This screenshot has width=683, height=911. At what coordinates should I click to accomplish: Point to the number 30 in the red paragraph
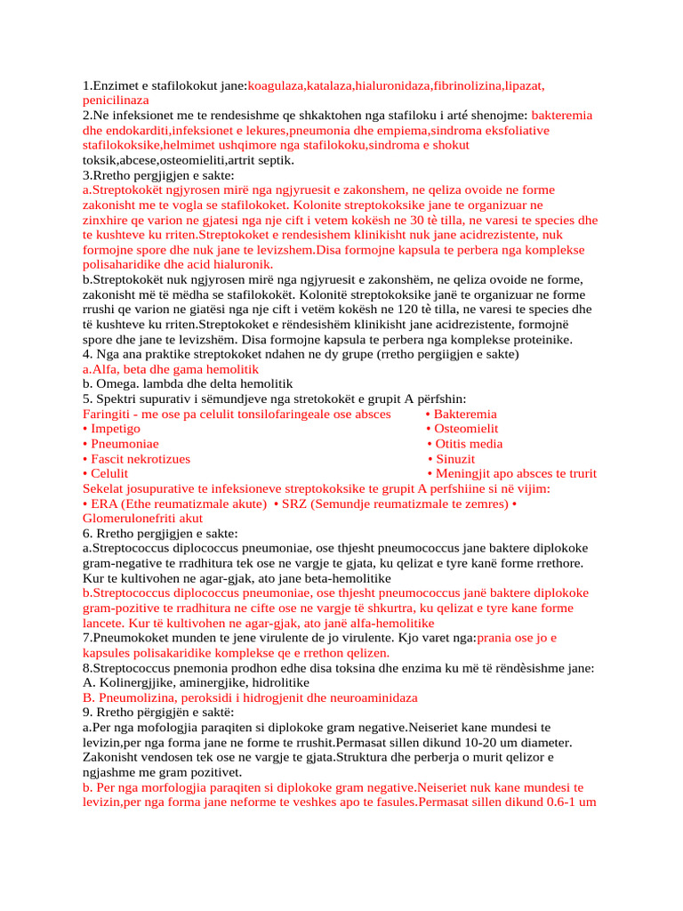point(470,220)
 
